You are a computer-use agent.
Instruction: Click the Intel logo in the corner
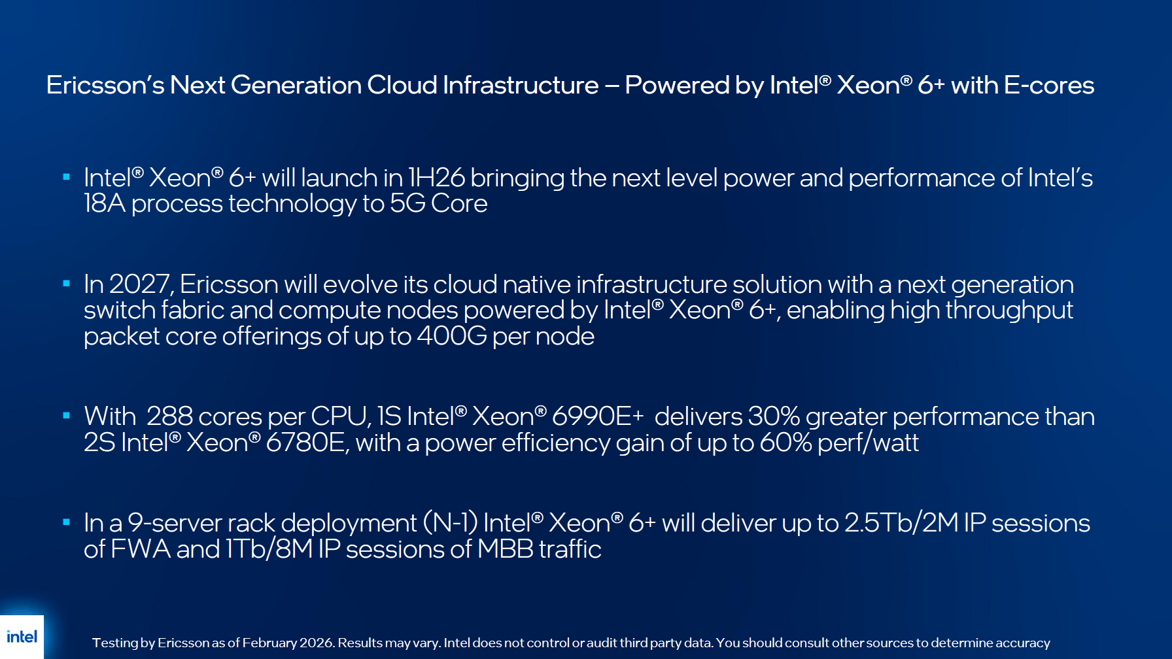point(22,637)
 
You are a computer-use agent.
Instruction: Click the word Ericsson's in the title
point(105,85)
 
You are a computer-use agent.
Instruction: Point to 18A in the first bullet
point(105,203)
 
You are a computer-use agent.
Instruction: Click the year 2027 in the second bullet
point(141,284)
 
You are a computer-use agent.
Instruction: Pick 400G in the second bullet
point(452,336)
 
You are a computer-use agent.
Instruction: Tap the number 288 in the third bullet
point(169,416)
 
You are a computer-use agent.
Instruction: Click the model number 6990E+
point(598,416)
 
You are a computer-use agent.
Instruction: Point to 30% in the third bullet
point(774,416)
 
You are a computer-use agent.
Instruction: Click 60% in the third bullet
point(785,443)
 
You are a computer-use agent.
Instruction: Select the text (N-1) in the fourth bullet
point(451,523)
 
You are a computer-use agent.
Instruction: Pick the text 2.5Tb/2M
point(901,523)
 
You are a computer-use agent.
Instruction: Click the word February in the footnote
point(269,643)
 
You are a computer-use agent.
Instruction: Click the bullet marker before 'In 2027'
point(66,283)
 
